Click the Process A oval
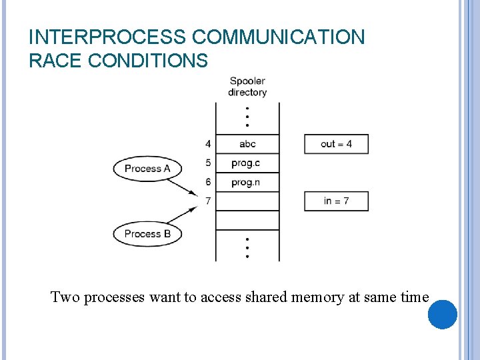point(147,169)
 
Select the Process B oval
point(147,234)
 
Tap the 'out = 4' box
point(336,144)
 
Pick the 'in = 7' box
point(336,201)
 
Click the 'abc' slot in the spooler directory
point(247,144)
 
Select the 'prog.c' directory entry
point(246,163)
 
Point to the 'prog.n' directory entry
point(246,182)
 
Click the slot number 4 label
point(208,144)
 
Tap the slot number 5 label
point(208,163)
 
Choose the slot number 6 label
point(208,182)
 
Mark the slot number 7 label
point(208,201)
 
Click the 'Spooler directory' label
point(247,87)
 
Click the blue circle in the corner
point(442,314)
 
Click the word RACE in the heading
point(55,61)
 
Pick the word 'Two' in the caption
point(65,297)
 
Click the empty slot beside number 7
point(247,201)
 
